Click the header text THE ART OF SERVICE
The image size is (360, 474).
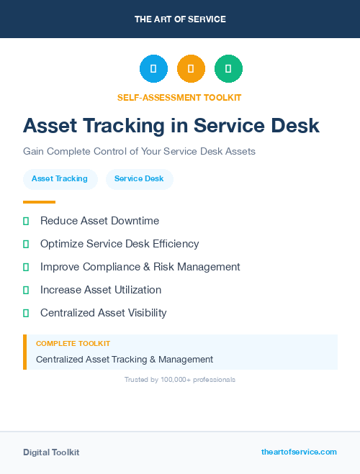coord(180,19)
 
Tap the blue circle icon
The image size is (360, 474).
coord(153,69)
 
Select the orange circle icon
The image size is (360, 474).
coord(191,69)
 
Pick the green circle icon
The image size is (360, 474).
coord(228,69)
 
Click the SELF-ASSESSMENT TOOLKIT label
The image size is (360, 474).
coord(179,97)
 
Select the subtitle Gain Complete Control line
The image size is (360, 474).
coord(139,152)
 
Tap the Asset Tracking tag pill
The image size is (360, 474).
coord(60,178)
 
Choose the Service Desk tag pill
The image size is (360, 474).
coord(139,178)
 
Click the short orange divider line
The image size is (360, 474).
coord(39,202)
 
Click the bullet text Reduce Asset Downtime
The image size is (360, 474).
coord(99,221)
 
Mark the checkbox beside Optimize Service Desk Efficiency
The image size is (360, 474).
coord(26,244)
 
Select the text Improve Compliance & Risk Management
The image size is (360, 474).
coord(140,267)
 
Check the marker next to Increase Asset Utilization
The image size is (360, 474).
coord(26,290)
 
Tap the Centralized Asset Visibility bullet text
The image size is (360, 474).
coord(103,313)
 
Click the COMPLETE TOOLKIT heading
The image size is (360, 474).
coord(73,344)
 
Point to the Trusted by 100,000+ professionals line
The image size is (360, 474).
coord(180,379)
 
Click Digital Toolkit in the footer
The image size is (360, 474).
coord(51,452)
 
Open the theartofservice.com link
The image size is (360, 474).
coord(299,452)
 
